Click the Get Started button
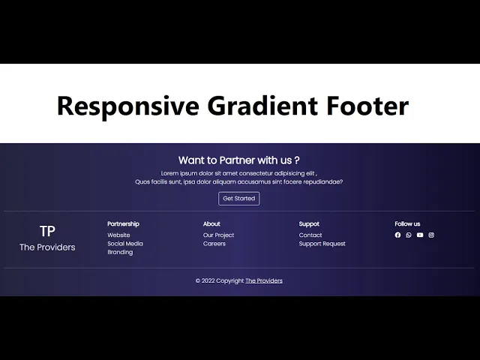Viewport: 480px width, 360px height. pos(238,198)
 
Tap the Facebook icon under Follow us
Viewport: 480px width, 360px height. pos(397,235)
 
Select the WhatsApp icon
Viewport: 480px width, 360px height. pos(409,235)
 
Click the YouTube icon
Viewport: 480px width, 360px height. pos(420,235)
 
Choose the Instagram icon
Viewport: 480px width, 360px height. pos(431,235)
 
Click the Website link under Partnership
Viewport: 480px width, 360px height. pos(118,235)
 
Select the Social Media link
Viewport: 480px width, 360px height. pos(125,244)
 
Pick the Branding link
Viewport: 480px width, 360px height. pos(120,252)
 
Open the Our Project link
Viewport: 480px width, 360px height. pos(218,235)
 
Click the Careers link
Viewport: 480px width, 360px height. pos(214,244)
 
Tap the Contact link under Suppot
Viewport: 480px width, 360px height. pos(310,235)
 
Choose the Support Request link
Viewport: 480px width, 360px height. pos(322,244)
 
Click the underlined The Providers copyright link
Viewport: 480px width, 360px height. pos(264,280)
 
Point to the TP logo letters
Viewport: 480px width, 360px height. pos(47,231)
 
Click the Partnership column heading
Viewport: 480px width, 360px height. pos(123,223)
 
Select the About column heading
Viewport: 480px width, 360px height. pos(211,223)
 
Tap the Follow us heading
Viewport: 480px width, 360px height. pos(407,223)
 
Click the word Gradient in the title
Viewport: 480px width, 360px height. pos(262,106)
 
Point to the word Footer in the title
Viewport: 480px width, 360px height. pos(367,106)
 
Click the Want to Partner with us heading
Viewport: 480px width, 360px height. pos(239,160)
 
